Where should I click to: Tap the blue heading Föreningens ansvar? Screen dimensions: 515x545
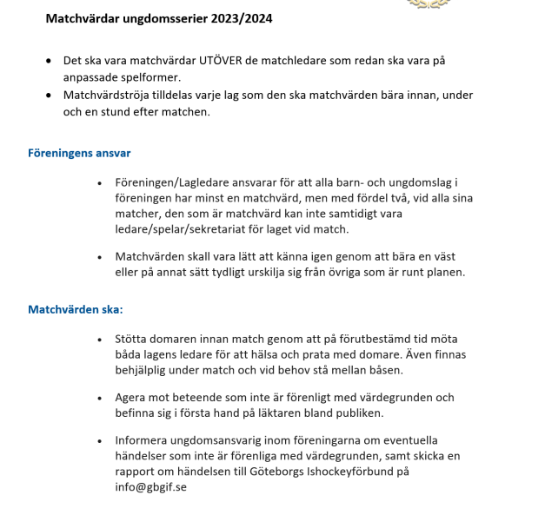[79, 153]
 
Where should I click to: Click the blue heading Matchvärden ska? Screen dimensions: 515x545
[76, 309]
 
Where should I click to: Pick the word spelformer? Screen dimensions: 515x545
[149, 76]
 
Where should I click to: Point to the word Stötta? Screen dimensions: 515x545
[134, 339]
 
